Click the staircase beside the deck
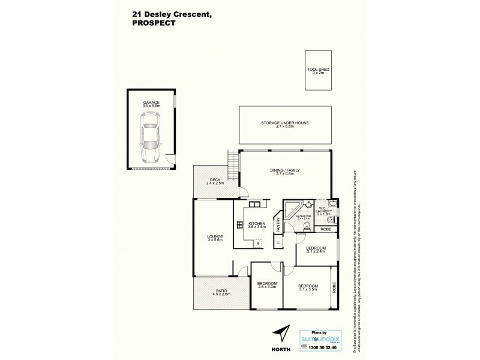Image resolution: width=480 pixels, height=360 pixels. pos(232,160)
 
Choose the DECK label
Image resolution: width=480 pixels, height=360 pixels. pos(214,181)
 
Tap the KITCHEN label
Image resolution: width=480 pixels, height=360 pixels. pos(257,226)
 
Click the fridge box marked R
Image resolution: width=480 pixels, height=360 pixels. pos(258,244)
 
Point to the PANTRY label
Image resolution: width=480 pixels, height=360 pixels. pos(278,225)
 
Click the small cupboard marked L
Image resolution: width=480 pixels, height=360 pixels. pos(278,242)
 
